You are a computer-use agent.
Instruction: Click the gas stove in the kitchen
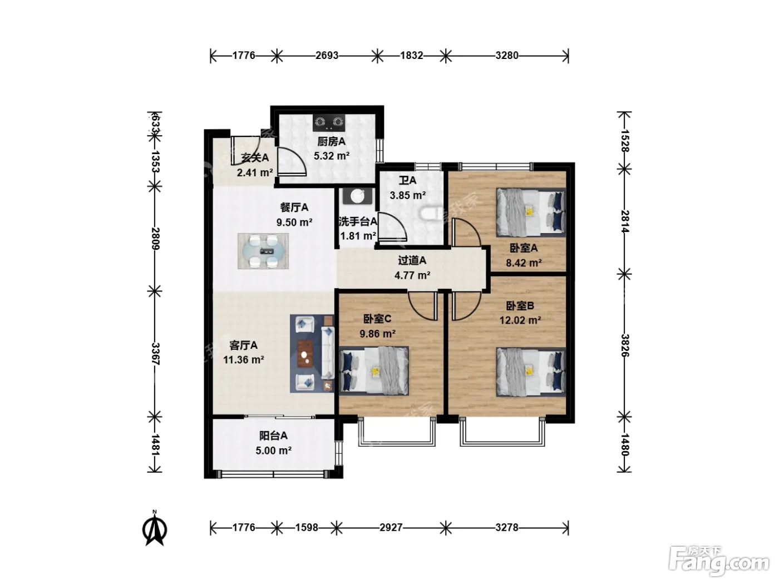pos(329,122)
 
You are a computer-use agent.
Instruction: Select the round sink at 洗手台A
pos(357,196)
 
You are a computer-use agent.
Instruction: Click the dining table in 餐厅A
pos(263,251)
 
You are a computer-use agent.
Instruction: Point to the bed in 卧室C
pos(374,371)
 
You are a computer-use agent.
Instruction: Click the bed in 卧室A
pos(531,212)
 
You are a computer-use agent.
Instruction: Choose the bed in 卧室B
pos(531,372)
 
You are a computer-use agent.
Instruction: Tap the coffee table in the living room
pos(305,353)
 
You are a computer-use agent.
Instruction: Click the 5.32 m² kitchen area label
pos(332,156)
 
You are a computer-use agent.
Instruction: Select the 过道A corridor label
pos(412,261)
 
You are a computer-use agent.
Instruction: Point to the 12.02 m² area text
pos(520,320)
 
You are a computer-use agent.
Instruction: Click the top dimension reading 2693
pos(327,56)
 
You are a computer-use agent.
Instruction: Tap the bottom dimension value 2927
pos(391,528)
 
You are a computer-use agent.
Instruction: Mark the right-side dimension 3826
pos(625,345)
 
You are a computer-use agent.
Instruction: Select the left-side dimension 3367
pos(155,354)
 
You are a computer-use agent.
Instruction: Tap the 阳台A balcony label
pos(273,436)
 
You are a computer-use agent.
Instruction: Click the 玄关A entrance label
pos(255,158)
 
